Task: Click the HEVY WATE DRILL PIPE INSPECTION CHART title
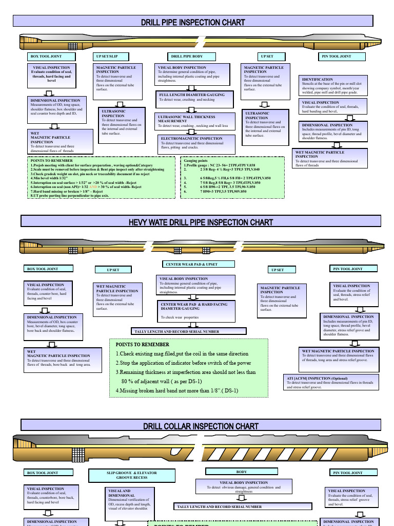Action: point(201,222)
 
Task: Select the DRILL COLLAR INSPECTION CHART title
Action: point(201,426)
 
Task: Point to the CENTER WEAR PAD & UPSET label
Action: point(192,264)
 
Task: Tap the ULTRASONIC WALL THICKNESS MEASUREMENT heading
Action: point(186,119)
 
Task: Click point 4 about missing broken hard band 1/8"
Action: point(177,390)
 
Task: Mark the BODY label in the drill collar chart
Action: point(241,472)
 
